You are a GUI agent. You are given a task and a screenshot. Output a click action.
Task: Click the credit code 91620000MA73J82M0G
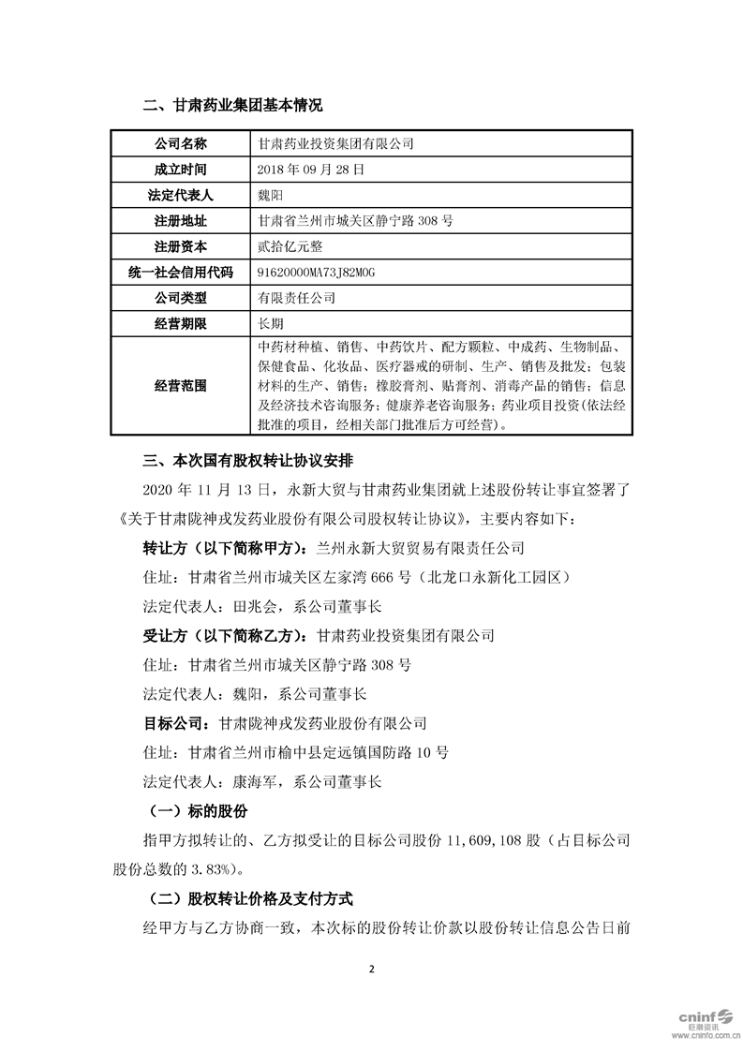point(315,272)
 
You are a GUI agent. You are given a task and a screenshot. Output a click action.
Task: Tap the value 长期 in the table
point(270,323)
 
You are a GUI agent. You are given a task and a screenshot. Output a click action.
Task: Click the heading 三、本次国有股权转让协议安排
point(246,461)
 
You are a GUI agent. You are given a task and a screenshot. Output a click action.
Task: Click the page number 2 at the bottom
point(372,969)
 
